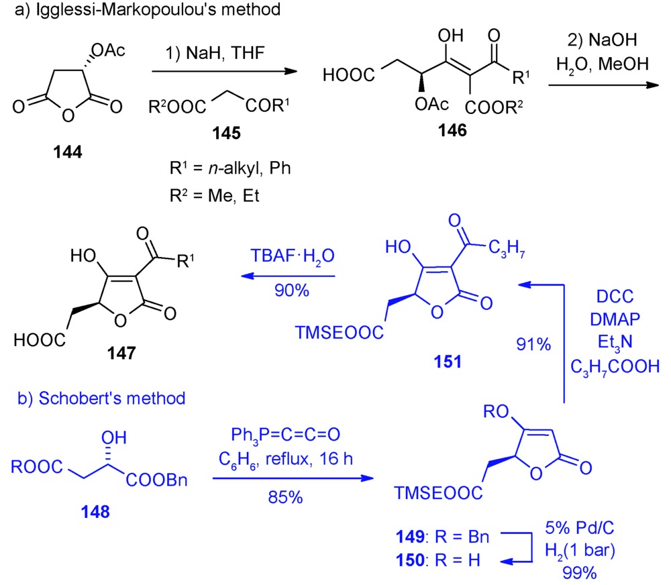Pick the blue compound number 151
(x=447, y=362)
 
